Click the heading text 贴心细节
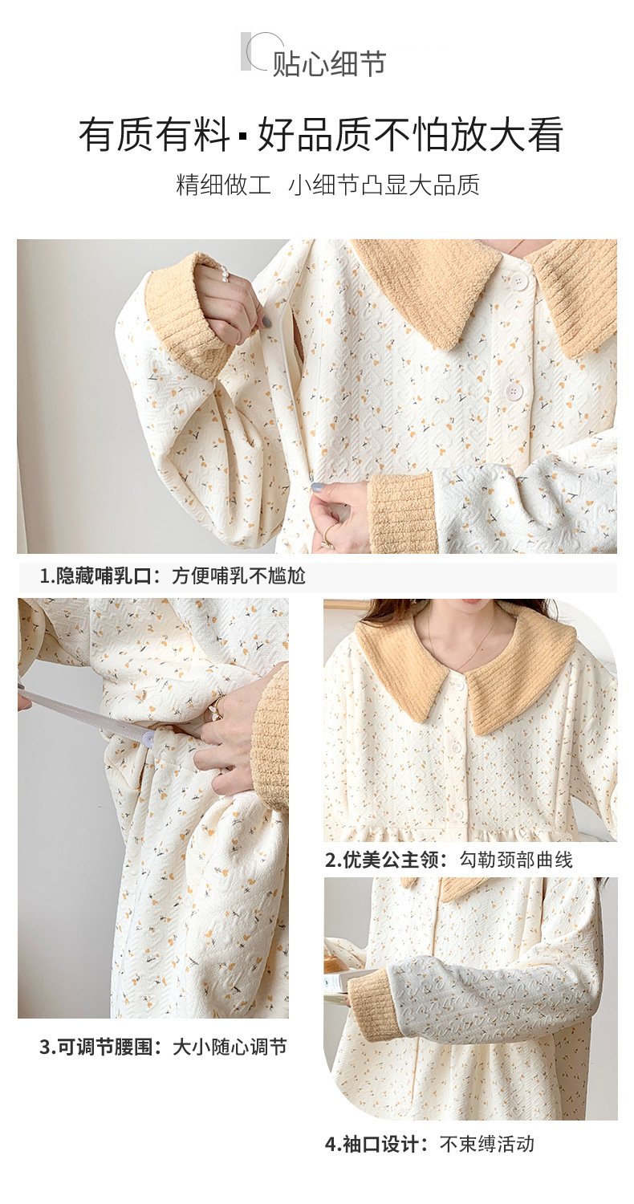(x=329, y=63)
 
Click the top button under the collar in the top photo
(x=520, y=281)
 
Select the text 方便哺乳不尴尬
(x=238, y=576)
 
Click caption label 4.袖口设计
(x=376, y=1144)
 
